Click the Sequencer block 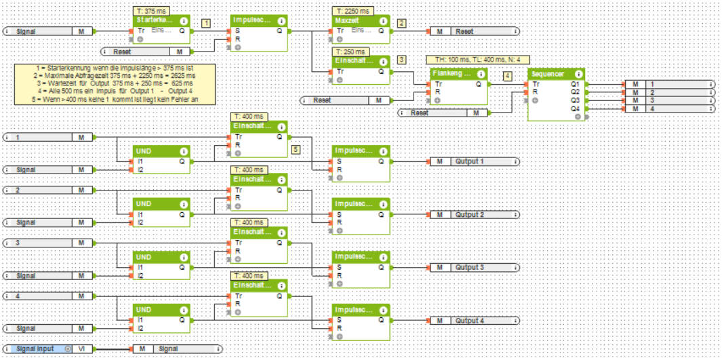click(555, 94)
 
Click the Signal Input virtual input click(40, 348)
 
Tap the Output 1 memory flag click(475, 161)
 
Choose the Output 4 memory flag click(475, 320)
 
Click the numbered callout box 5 click(296, 148)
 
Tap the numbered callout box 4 click(508, 77)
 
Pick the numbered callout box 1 click(206, 23)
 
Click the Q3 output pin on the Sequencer click(576, 100)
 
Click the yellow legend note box click(115, 84)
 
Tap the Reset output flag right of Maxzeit click(475, 31)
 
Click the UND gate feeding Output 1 click(161, 157)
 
